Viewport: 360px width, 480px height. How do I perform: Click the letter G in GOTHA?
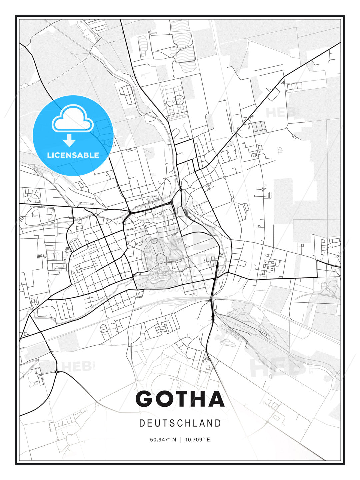coord(145,399)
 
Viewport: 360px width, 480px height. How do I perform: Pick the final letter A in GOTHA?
coord(217,399)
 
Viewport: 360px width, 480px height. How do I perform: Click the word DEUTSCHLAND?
coord(180,423)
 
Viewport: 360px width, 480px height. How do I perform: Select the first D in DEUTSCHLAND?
coord(142,423)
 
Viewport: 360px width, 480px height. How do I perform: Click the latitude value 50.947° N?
coord(163,440)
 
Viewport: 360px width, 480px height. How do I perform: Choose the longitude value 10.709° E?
coord(197,440)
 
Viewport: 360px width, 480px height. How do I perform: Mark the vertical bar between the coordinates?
coord(181,440)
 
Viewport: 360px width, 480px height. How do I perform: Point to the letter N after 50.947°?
coord(174,440)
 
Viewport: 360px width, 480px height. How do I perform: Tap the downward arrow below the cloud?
coord(69,140)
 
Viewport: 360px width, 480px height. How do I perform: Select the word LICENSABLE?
coord(73,155)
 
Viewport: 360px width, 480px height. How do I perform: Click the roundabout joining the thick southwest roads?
coord(57,371)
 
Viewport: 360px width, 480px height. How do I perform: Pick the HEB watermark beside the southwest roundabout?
coord(76,366)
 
